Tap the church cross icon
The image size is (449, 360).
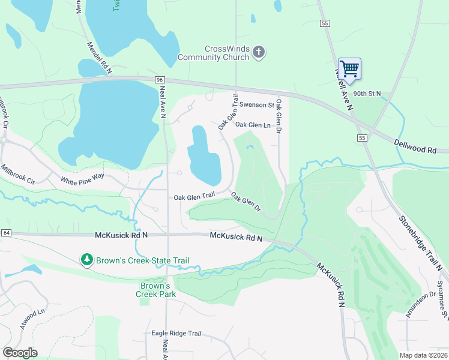[259, 53]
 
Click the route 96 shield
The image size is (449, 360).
[159, 80]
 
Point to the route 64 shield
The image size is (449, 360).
[6, 233]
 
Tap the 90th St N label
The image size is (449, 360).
[371, 94]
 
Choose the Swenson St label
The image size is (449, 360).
[256, 105]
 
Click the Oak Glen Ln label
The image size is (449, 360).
[253, 125]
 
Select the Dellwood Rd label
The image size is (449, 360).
[415, 145]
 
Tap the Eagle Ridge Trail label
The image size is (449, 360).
[176, 334]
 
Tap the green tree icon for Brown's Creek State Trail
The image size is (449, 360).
[88, 260]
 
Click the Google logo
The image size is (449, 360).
[20, 353]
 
